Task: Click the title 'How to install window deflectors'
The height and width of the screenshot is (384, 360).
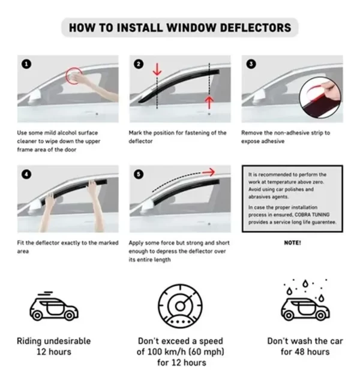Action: tap(180, 28)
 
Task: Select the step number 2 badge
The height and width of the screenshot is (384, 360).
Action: tap(138, 63)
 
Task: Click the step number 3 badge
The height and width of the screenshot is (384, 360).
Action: tap(250, 63)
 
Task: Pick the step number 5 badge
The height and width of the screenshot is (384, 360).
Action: tap(138, 175)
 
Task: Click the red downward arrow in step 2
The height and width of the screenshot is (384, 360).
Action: tap(157, 70)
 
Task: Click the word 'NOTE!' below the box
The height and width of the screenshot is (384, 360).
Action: tap(292, 243)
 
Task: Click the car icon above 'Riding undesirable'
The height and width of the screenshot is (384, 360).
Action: tap(54, 307)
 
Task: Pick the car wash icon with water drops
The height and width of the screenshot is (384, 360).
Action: tap(304, 303)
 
